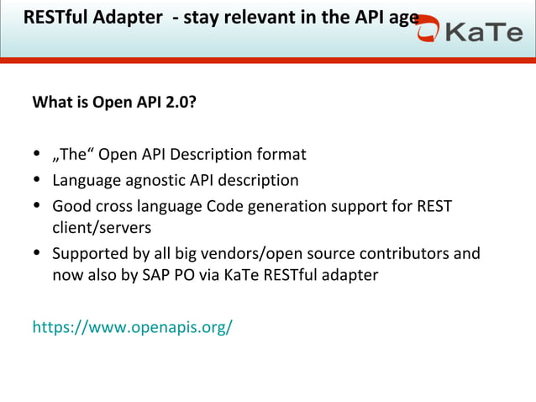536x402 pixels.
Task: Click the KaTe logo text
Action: (484, 33)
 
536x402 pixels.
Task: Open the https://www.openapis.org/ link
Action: (132, 326)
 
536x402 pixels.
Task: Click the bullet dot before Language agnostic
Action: (37, 181)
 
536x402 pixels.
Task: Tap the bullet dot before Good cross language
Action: (37, 206)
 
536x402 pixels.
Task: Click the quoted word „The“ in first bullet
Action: (73, 155)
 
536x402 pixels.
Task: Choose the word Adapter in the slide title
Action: (128, 17)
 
